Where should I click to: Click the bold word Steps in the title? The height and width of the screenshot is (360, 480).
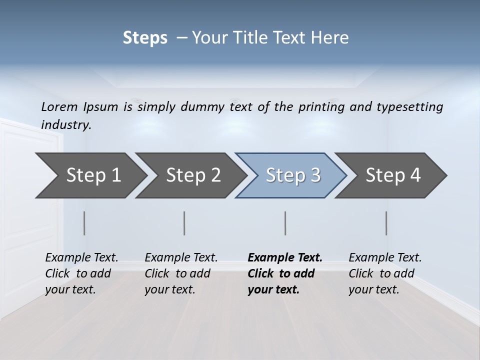pyautogui.click(x=145, y=38)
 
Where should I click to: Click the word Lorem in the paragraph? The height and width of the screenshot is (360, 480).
pyautogui.click(x=59, y=106)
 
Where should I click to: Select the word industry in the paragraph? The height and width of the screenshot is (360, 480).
pyautogui.click(x=66, y=125)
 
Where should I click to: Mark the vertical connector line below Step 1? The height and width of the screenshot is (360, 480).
pyautogui.click(x=84, y=223)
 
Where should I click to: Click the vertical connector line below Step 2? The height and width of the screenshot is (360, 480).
pyautogui.click(x=184, y=223)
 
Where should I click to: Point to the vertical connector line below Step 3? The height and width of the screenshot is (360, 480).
pyautogui.click(x=285, y=223)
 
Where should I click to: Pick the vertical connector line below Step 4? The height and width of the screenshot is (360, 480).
pyautogui.click(x=386, y=223)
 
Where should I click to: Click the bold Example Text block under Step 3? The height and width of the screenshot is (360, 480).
pyautogui.click(x=284, y=273)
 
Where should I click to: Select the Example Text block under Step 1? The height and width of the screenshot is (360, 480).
pyautogui.click(x=81, y=273)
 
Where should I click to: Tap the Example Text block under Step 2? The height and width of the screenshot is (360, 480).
pyautogui.click(x=181, y=273)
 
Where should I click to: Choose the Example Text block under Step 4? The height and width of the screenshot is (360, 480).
pyautogui.click(x=385, y=273)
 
